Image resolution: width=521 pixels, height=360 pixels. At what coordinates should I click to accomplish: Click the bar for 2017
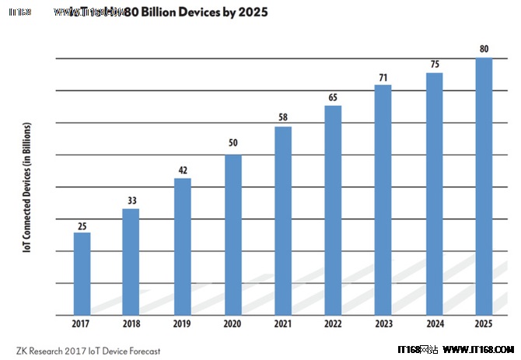pyautogui.click(x=82, y=274)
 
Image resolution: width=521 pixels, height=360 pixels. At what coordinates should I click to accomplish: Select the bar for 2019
pyautogui.click(x=182, y=246)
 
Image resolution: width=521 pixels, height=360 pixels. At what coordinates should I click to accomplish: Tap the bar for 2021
pyautogui.click(x=283, y=221)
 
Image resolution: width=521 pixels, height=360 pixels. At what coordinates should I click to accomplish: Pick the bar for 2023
pyautogui.click(x=383, y=200)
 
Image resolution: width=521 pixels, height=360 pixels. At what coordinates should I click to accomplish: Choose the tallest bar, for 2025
pyautogui.click(x=484, y=187)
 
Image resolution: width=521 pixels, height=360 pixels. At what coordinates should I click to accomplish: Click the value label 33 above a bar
pyautogui.click(x=132, y=201)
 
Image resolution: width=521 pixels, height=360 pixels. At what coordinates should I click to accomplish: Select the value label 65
pyautogui.click(x=333, y=97)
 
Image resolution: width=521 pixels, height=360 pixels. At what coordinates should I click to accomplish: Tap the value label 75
pyautogui.click(x=434, y=65)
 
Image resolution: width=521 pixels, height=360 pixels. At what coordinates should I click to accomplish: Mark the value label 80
pyautogui.click(x=484, y=50)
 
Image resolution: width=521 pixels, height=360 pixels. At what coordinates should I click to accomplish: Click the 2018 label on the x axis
pyautogui.click(x=132, y=325)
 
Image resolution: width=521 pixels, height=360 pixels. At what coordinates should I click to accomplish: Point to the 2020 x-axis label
pyautogui.click(x=233, y=325)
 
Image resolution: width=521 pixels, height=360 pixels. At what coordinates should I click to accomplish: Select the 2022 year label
pyautogui.click(x=333, y=325)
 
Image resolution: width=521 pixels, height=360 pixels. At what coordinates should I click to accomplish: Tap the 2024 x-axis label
pyautogui.click(x=434, y=325)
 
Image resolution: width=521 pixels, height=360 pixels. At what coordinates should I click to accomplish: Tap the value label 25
pyautogui.click(x=82, y=225)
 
